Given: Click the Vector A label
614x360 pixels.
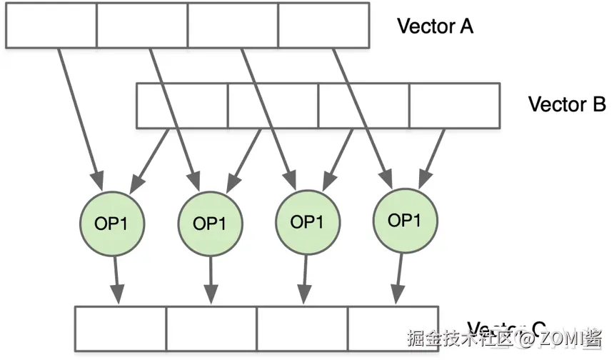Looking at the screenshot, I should coord(435,26).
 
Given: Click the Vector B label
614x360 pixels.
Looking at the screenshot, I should coord(566,104).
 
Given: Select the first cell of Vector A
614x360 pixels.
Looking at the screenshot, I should coord(51,26).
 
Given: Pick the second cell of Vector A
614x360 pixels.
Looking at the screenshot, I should coord(142,26).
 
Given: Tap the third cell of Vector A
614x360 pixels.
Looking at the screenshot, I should coord(233,26).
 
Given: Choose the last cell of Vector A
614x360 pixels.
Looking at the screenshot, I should coord(323,26).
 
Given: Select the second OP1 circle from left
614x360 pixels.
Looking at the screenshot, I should coord(209,223).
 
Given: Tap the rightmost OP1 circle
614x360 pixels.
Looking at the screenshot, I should coord(404,220).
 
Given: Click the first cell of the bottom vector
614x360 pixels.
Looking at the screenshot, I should coord(121,329).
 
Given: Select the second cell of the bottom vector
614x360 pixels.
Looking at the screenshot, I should coord(211,329).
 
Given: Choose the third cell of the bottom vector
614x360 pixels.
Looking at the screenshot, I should coord(302,329).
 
